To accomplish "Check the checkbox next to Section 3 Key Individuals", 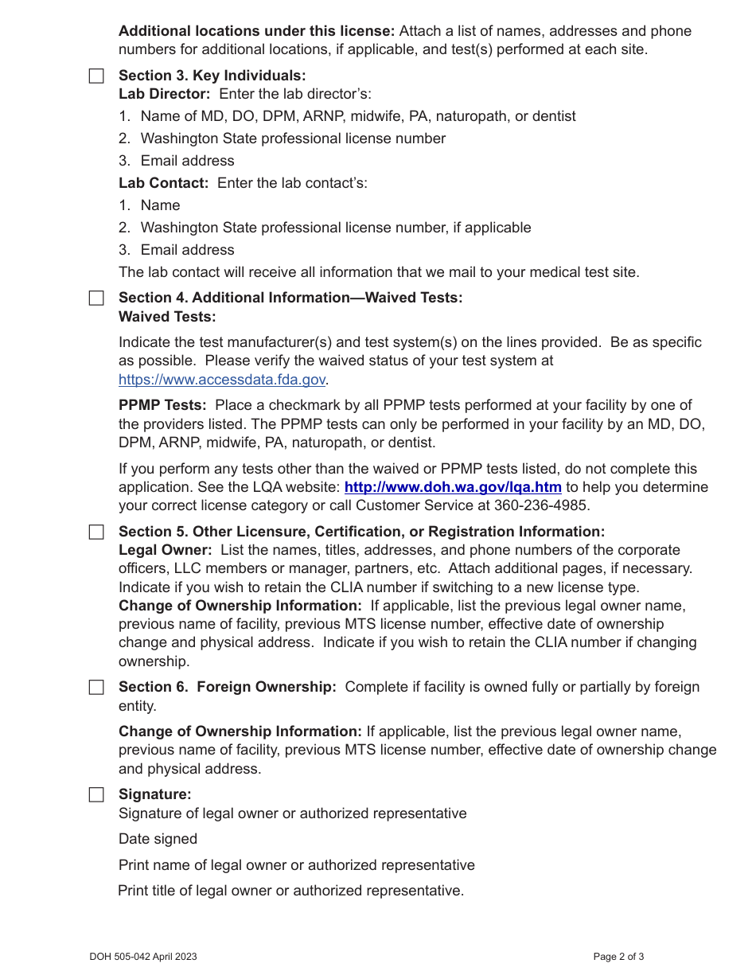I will [x=96, y=76].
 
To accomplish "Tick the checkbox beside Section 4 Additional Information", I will [x=96, y=298].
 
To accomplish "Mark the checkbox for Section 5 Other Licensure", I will [x=96, y=532].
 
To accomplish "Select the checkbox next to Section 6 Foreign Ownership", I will [x=96, y=688].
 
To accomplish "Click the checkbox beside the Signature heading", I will [x=96, y=795].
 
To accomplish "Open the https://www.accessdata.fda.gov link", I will [x=222, y=380].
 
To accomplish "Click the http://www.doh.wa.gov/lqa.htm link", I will [x=453, y=487].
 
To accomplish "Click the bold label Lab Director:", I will [x=165, y=94].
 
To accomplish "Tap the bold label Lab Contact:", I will [x=163, y=183].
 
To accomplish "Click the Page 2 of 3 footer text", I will [x=618, y=957].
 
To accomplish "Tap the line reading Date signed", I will [x=158, y=839].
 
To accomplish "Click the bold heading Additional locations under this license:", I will [x=256, y=31].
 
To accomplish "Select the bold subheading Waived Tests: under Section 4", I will [x=167, y=317].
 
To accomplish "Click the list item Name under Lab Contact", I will [x=160, y=205].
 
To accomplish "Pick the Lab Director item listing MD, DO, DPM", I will [x=357, y=116].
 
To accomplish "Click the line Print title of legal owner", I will [x=290, y=891].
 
